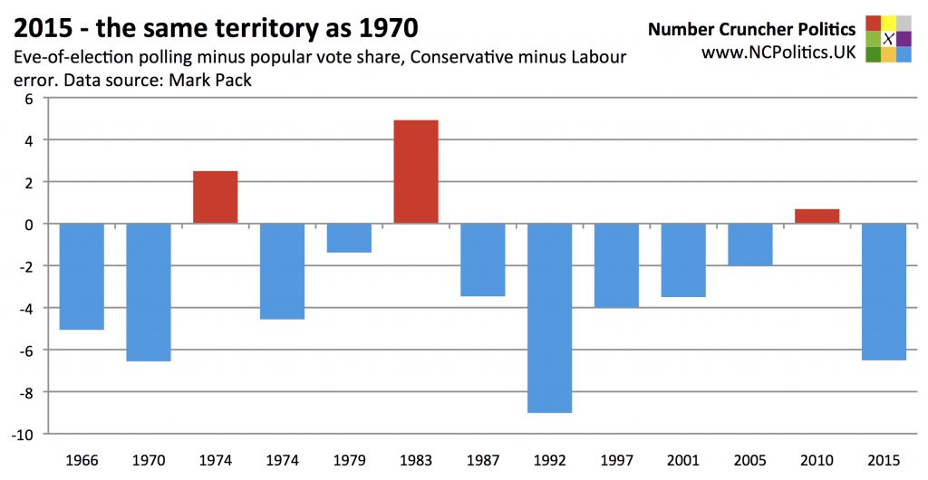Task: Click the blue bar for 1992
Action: pos(550,318)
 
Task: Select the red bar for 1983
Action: pos(416,172)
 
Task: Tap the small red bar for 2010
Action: pos(817,216)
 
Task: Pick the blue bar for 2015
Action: pos(884,292)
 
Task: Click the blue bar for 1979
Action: pos(349,238)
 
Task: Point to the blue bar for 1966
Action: pos(82,276)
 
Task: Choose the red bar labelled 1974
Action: pos(216,197)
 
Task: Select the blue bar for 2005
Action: pos(750,245)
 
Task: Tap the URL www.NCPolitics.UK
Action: pos(778,53)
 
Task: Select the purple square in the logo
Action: pos(904,38)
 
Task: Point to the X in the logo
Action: pos(888,39)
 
